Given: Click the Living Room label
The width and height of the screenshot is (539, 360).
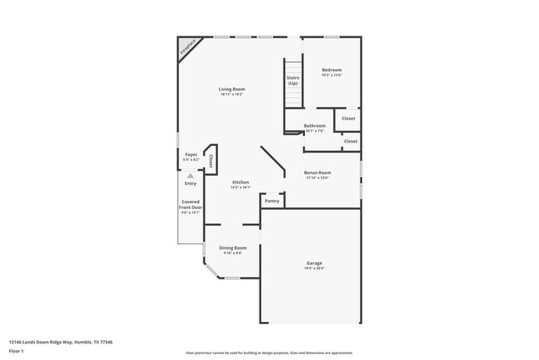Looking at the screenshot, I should pos(232,89).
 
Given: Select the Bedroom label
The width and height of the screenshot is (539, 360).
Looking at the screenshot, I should pos(332,70).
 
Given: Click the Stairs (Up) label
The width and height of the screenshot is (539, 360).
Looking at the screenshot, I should pos(293,81).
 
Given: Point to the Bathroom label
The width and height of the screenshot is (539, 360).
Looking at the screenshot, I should pos(314,126).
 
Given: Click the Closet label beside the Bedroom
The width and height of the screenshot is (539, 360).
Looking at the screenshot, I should pos(348,119).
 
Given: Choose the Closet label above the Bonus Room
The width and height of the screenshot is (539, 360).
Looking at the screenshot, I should pos(351,141).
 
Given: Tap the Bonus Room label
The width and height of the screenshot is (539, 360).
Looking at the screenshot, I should pos(318,173).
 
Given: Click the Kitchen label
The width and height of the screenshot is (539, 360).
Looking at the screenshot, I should pos(240,182).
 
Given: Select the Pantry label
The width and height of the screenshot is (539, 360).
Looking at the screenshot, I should pos(272,201).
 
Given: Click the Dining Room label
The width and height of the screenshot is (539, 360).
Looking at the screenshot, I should pos(233,248).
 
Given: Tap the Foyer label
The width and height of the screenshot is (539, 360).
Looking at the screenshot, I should pos(191,154).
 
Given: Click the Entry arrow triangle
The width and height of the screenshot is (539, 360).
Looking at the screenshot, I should pos(191,176).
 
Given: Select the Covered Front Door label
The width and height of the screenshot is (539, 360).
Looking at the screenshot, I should pos(191,205).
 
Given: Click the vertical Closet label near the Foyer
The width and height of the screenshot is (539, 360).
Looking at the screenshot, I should pos(211,160).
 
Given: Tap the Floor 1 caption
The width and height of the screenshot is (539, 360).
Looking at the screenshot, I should pos(17,351).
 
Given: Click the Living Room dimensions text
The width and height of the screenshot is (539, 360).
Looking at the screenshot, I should pos(232,94).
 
